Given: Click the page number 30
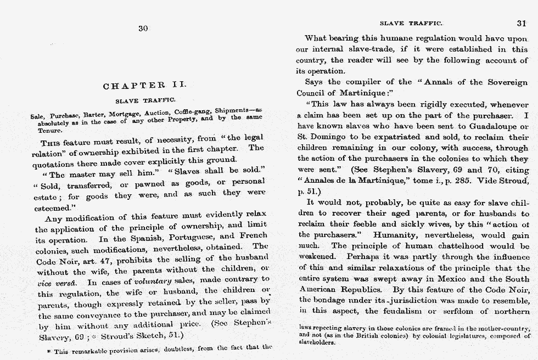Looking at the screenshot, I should pos(143,29).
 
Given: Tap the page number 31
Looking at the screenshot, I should pos(521,24).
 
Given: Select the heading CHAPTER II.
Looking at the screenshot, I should pos(145,86).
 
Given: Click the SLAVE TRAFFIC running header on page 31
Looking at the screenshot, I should pos(411,23).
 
